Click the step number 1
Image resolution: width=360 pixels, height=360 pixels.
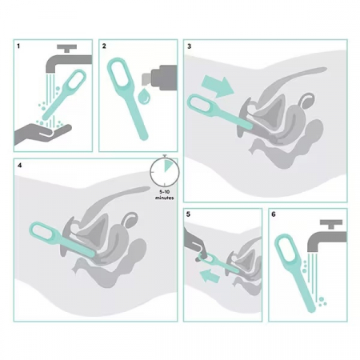[18, 46]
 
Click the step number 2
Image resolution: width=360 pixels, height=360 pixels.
[104, 46]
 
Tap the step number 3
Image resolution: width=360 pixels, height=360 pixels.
[189, 46]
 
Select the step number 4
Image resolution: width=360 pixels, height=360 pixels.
[19, 166]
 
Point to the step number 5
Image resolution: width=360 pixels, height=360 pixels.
[188, 214]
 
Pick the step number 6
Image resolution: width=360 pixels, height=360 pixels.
[274, 214]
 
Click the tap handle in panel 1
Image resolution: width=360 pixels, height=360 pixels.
[66, 48]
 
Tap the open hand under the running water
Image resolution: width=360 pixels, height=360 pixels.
[42, 134]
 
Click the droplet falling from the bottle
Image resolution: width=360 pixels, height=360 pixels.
[144, 97]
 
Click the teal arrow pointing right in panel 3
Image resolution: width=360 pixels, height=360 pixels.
[218, 86]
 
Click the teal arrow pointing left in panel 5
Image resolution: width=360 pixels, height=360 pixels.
[210, 276]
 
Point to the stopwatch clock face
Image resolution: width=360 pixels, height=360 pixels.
[165, 172]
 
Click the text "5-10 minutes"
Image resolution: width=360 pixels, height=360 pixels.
[165, 195]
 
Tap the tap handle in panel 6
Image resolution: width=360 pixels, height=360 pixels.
[331, 224]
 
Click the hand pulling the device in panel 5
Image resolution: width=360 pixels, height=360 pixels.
[194, 242]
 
